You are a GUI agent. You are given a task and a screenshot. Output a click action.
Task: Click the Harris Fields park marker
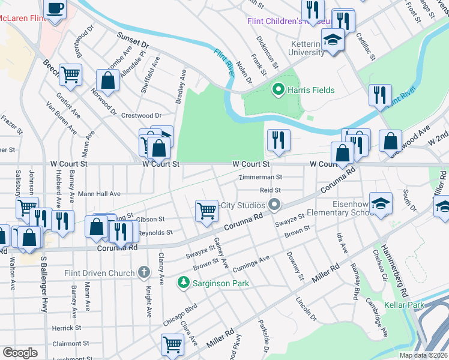[278, 91]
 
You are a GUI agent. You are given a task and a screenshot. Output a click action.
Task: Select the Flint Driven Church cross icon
[143, 273]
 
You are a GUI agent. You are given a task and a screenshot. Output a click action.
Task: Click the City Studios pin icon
[275, 206]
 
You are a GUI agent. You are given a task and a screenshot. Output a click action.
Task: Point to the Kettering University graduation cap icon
[332, 40]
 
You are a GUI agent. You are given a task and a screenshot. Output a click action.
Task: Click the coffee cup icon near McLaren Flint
[55, 9]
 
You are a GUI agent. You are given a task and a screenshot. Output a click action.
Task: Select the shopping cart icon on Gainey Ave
[206, 210]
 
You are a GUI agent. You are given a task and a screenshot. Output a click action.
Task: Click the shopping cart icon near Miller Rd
[172, 345]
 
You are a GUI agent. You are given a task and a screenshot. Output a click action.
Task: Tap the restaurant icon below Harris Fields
[279, 140]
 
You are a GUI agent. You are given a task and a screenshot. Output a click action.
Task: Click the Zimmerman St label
[260, 178]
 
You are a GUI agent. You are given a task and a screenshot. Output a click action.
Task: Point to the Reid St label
[271, 190]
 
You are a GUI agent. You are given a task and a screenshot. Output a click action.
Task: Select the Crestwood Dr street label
[142, 115]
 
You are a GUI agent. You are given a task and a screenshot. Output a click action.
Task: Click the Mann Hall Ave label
[99, 194]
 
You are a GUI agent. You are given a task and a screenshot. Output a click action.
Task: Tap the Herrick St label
[66, 328]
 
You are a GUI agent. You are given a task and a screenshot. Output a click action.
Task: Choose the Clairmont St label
[70, 344]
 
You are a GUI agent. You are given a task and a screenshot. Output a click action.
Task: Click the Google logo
[20, 353]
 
